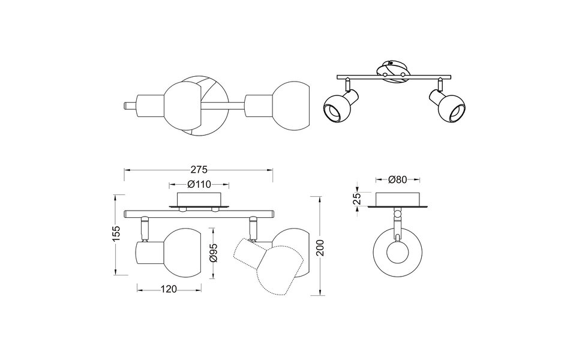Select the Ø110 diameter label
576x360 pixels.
coord(199,184)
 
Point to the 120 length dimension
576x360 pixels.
coord(169,290)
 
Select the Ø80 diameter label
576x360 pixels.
coord(397,179)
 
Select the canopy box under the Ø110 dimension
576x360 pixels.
coord(199,200)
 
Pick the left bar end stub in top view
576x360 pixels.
coord(128,106)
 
